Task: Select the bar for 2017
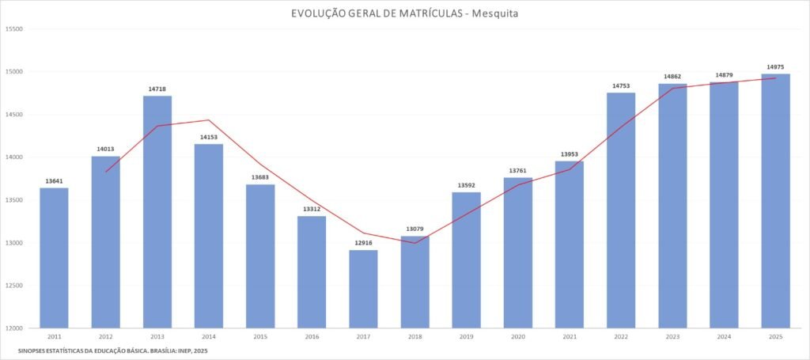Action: (363, 289)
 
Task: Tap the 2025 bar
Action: (775, 201)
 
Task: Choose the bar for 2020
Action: (518, 252)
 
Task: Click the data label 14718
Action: (157, 89)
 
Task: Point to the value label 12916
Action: (363, 244)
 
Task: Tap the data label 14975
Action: (775, 67)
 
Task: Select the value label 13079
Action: (415, 229)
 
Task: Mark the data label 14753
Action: (621, 86)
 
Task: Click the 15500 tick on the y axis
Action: (14, 29)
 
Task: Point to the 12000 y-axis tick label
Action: (14, 328)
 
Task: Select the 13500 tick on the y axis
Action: (14, 200)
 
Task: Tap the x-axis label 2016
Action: (312, 336)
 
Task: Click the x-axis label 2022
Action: (621, 336)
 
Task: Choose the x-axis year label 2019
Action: (466, 336)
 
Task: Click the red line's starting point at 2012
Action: (106, 172)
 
